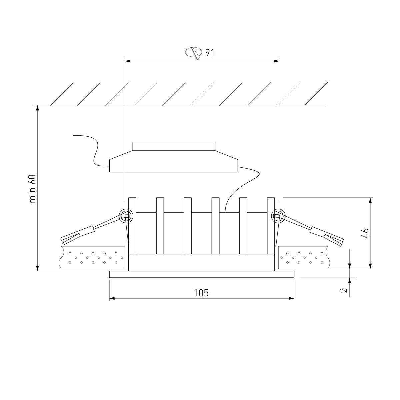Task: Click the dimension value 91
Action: tap(209, 53)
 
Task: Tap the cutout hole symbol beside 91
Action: tap(193, 53)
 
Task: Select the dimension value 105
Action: tap(201, 293)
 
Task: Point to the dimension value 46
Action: tap(365, 233)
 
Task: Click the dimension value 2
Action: tap(343, 290)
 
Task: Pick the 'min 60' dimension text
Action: tap(33, 189)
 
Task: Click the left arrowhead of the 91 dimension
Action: tap(127, 61)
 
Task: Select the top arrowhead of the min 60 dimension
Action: tap(38, 108)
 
